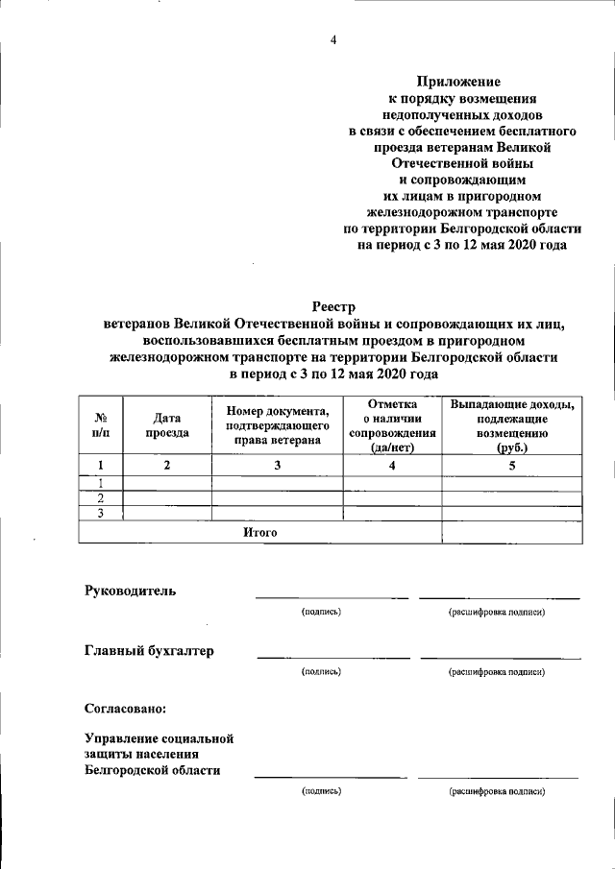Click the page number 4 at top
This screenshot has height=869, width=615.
tap(332, 39)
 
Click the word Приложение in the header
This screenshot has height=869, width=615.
tap(458, 83)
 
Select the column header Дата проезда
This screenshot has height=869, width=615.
tap(167, 425)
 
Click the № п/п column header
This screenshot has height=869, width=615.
tap(101, 426)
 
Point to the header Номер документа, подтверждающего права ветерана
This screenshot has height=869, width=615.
tap(278, 425)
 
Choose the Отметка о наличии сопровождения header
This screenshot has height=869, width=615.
tap(392, 425)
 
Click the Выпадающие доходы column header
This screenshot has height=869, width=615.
tap(512, 425)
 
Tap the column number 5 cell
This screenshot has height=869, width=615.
tap(512, 466)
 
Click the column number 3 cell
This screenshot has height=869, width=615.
tap(278, 466)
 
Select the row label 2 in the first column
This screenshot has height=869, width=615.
tap(101, 498)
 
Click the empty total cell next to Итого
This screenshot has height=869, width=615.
tap(512, 532)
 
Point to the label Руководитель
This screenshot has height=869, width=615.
tap(131, 591)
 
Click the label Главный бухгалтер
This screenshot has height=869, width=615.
tap(149, 651)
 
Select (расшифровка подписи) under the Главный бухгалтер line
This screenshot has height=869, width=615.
tap(497, 672)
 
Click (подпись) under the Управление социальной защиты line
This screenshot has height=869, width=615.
tap(321, 791)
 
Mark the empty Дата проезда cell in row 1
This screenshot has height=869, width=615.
tap(167, 483)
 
